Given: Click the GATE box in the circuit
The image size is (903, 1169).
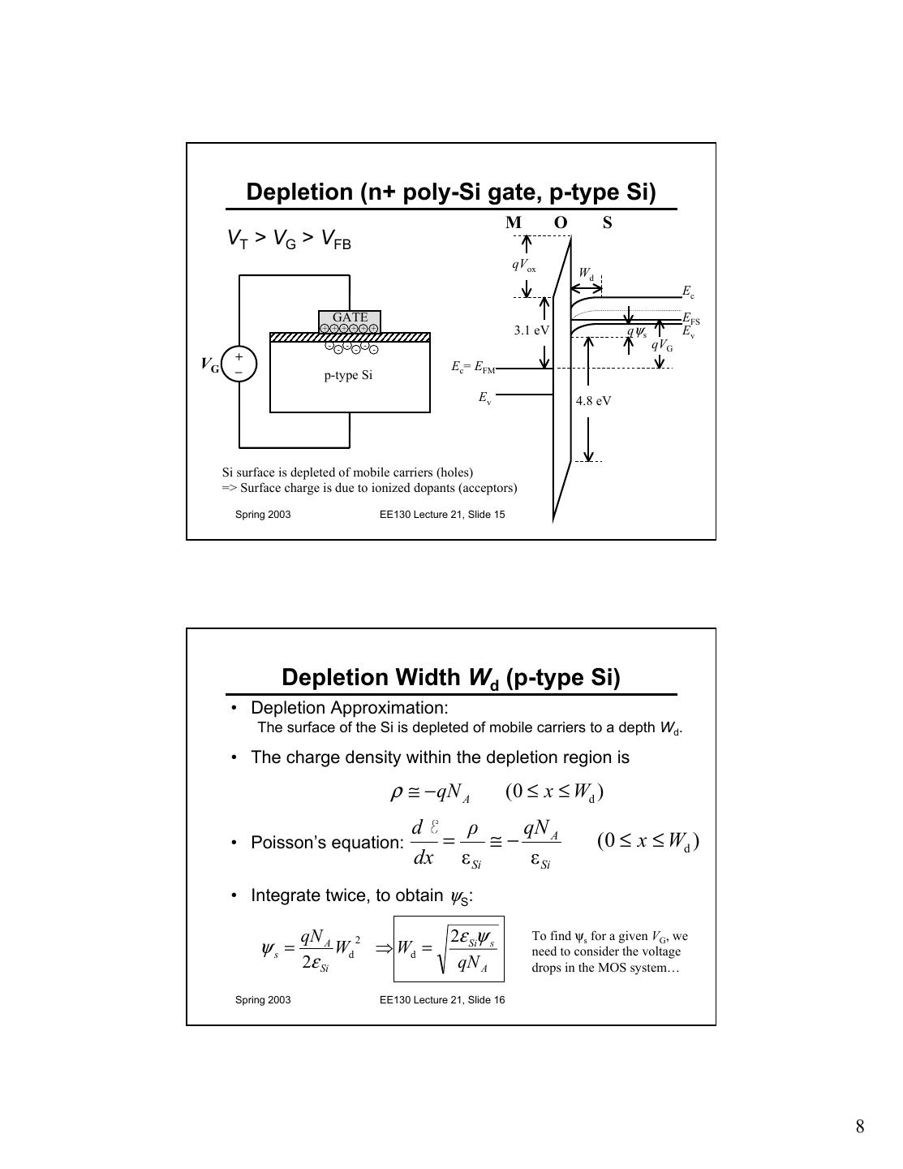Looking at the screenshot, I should [350, 317].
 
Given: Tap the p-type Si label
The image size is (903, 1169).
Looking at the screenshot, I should [348, 375].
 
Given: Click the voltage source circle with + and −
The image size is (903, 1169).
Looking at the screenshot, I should [239, 364].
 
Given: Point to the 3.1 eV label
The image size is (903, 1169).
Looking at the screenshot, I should [531, 330].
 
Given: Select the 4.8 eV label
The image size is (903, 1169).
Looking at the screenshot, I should [593, 400].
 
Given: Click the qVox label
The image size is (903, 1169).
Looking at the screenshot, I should [523, 265].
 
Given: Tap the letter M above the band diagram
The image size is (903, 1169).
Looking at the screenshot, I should [514, 222].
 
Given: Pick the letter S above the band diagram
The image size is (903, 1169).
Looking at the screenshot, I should [607, 222].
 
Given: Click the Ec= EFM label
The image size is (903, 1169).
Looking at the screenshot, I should [473, 367].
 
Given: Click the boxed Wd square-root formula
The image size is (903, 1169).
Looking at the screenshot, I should [449, 948].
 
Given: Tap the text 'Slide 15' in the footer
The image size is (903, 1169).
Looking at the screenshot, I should [486, 514].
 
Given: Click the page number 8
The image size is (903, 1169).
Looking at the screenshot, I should [859, 1126].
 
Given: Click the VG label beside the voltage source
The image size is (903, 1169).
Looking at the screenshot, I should [210, 365].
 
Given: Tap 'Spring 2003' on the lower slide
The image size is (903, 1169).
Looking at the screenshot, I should [263, 999].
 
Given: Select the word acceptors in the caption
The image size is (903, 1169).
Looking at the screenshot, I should [487, 488].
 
